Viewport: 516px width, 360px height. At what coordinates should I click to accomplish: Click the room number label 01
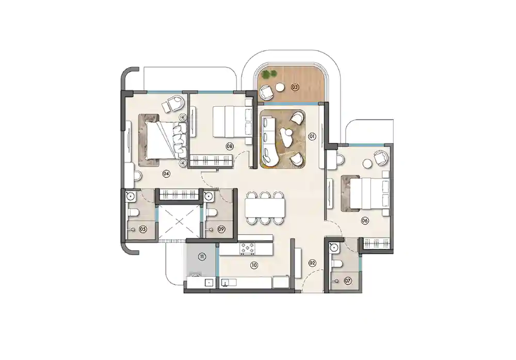pos(312,137)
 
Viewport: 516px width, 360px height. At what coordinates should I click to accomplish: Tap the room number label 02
pos(312,263)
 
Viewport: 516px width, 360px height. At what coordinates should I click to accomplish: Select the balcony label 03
pos(295,87)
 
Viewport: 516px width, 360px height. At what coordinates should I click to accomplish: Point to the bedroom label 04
pos(166,173)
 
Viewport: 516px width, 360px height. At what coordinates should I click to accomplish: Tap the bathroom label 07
pos(348,281)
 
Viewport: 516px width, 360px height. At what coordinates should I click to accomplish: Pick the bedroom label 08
pos(230,146)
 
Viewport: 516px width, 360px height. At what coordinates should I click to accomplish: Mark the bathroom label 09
pos(221,230)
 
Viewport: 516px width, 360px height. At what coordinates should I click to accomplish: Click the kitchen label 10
pos(253,266)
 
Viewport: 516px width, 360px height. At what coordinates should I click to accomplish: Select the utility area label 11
pos(202,256)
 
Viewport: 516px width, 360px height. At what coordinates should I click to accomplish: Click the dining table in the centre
pos(265,207)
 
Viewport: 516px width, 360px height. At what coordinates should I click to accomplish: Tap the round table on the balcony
pos(279,87)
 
